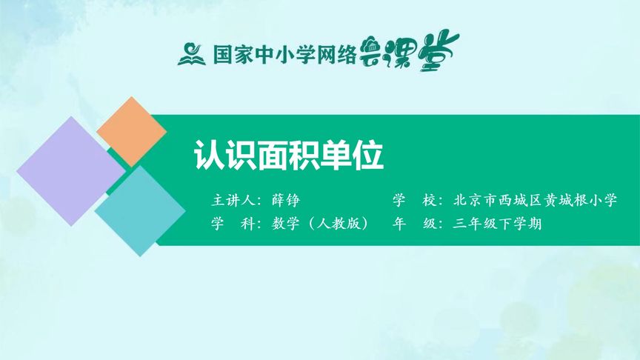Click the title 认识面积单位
(x=288, y=156)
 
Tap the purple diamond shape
(x=70, y=171)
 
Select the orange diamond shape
(x=131, y=131)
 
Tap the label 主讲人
(x=233, y=201)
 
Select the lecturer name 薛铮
(x=285, y=201)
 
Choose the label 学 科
(x=233, y=224)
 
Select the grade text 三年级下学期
(x=497, y=224)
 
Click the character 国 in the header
(x=223, y=54)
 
